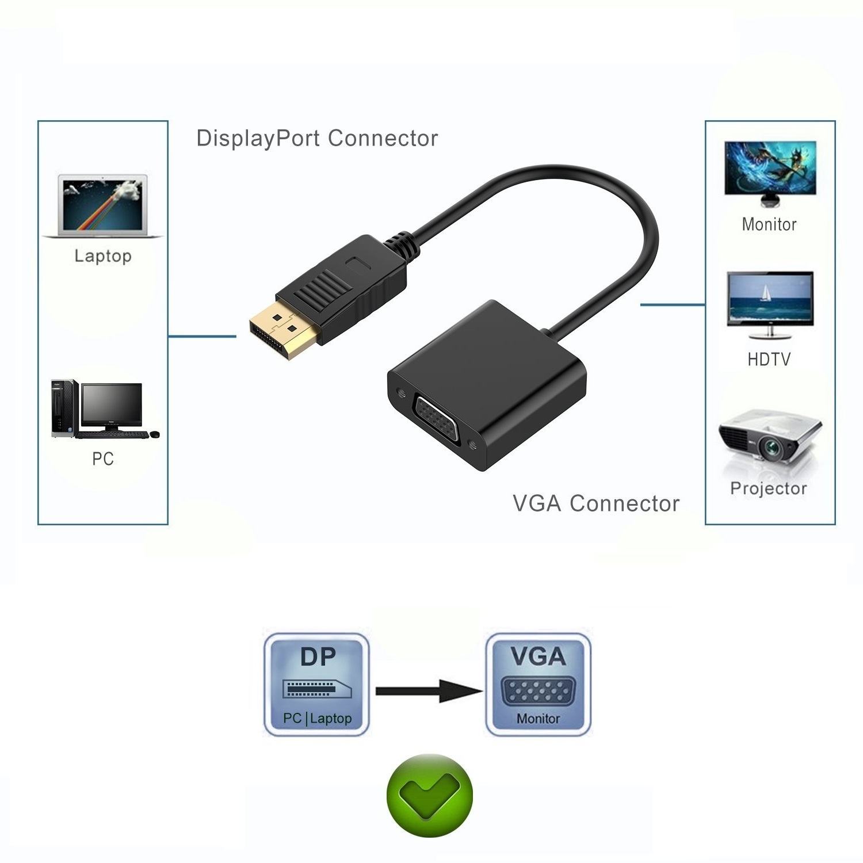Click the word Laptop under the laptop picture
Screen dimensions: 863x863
[x=103, y=256]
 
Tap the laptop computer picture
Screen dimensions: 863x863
[x=103, y=205]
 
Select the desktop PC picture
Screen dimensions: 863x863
[x=104, y=408]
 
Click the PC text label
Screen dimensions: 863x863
[x=103, y=459]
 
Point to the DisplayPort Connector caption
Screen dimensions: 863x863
[x=317, y=139]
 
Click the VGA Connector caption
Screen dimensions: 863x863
[x=596, y=503]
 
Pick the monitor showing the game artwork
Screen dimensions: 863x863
[x=769, y=172]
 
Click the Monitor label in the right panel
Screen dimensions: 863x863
[x=769, y=224]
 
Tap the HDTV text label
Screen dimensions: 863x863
[x=769, y=360]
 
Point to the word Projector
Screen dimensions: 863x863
[x=769, y=488]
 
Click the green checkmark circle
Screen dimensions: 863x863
[x=429, y=796]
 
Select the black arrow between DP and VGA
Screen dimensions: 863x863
[x=428, y=690]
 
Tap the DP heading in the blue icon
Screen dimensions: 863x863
[x=318, y=656]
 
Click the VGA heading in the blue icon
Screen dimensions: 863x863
[x=539, y=656]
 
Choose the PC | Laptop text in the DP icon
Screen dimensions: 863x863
[x=317, y=719]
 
